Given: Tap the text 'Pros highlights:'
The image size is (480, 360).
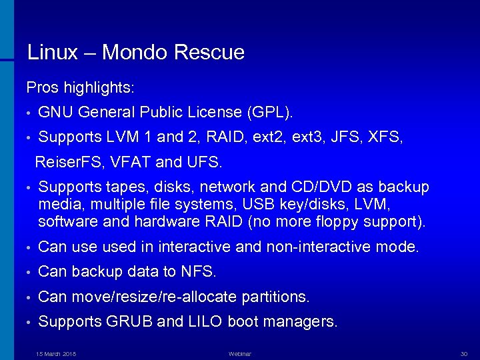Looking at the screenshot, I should click(80, 87).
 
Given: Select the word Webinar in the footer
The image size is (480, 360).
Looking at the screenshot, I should click(239, 353).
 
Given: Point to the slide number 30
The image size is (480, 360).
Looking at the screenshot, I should click(464, 353).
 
